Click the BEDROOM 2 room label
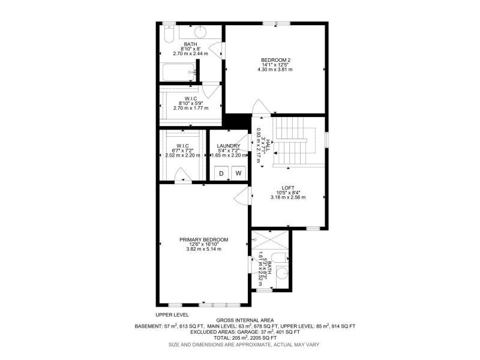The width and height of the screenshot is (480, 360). click(x=275, y=60)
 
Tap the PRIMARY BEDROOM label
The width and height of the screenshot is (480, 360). click(x=204, y=239)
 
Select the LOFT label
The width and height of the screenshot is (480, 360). click(x=288, y=188)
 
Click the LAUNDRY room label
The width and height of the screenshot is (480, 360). click(x=229, y=146)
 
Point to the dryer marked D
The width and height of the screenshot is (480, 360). click(x=221, y=173)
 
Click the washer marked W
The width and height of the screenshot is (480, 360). click(x=238, y=173)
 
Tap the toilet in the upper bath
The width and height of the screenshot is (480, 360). click(x=169, y=34)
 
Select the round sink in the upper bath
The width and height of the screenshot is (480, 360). click(x=200, y=31)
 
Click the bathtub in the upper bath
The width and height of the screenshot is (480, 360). click(x=179, y=72)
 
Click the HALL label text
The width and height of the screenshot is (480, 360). click(x=268, y=145)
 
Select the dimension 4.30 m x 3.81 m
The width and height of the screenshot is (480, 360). click(x=275, y=70)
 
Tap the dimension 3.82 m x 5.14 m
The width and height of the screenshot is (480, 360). click(x=204, y=249)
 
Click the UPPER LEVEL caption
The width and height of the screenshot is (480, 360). click(x=172, y=314)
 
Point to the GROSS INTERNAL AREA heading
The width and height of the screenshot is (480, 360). click(x=245, y=320)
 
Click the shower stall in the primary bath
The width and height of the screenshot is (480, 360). click(x=269, y=239)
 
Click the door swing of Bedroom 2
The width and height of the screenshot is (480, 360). click(x=260, y=107)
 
